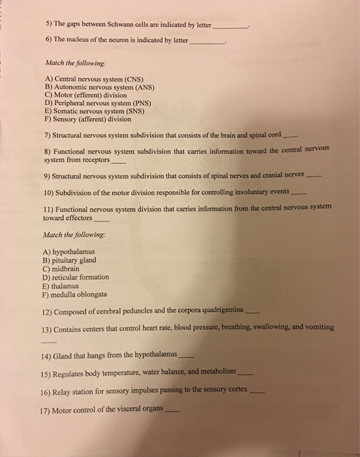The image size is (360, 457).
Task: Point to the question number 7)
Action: coord(48,135)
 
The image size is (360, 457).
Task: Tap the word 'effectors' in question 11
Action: coord(76,218)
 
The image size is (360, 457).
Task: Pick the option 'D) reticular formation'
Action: coord(76,277)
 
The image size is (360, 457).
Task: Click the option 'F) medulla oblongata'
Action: coord(75,294)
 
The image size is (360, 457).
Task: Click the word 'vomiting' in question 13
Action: coord(318,326)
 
